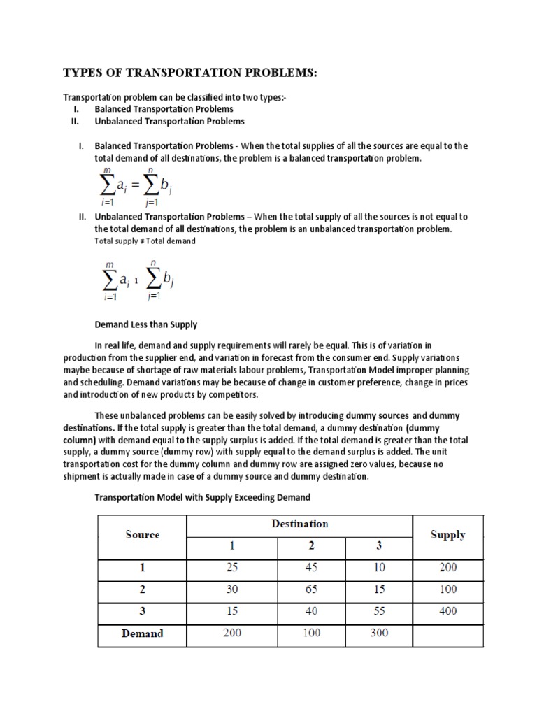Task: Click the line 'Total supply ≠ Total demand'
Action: [145, 241]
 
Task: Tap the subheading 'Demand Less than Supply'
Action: [145, 324]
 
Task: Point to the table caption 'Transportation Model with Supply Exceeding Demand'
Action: [202, 497]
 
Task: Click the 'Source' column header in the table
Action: [143, 535]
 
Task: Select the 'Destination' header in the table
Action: [299, 523]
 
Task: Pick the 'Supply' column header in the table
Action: [448, 535]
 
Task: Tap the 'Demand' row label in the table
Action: [142, 633]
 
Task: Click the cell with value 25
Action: [231, 568]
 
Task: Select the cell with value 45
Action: [311, 568]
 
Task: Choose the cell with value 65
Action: [311, 589]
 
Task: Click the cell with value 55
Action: [379, 611]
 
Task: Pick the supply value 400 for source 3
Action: [448, 611]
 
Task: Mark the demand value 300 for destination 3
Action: [379, 633]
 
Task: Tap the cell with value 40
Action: [311, 611]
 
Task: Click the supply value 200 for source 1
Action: [448, 568]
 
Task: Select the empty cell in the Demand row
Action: [448, 633]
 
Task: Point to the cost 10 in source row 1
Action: [379, 568]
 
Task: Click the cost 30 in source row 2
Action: [231, 589]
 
